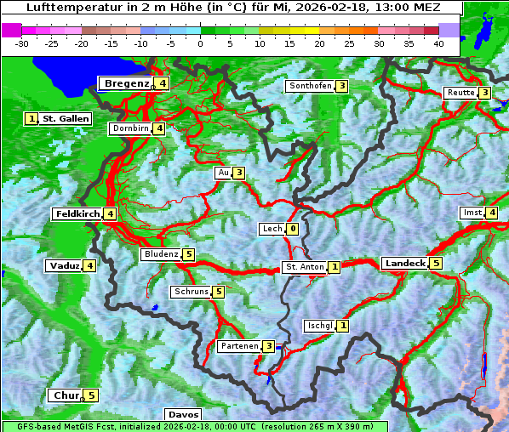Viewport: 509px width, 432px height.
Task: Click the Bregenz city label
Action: click(127, 83)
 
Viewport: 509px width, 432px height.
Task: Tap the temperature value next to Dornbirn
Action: click(159, 129)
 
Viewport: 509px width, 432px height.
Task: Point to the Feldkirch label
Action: click(77, 214)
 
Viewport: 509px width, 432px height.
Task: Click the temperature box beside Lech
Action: click(293, 229)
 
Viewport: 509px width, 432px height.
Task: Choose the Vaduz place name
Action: click(64, 266)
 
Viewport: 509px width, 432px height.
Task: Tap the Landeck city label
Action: click(404, 264)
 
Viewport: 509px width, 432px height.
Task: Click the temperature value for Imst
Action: click(492, 213)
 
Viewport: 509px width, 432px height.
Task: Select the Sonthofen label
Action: click(310, 86)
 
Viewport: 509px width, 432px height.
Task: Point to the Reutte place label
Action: click(460, 93)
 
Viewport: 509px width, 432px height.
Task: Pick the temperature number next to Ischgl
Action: click(342, 326)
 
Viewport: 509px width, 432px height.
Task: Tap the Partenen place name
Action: click(239, 346)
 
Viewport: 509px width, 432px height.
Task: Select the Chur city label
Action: click(66, 395)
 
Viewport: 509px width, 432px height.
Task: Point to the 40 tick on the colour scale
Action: click(438, 43)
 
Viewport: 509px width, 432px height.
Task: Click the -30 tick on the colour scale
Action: click(23, 43)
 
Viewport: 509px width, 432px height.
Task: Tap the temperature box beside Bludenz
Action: click(188, 254)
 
